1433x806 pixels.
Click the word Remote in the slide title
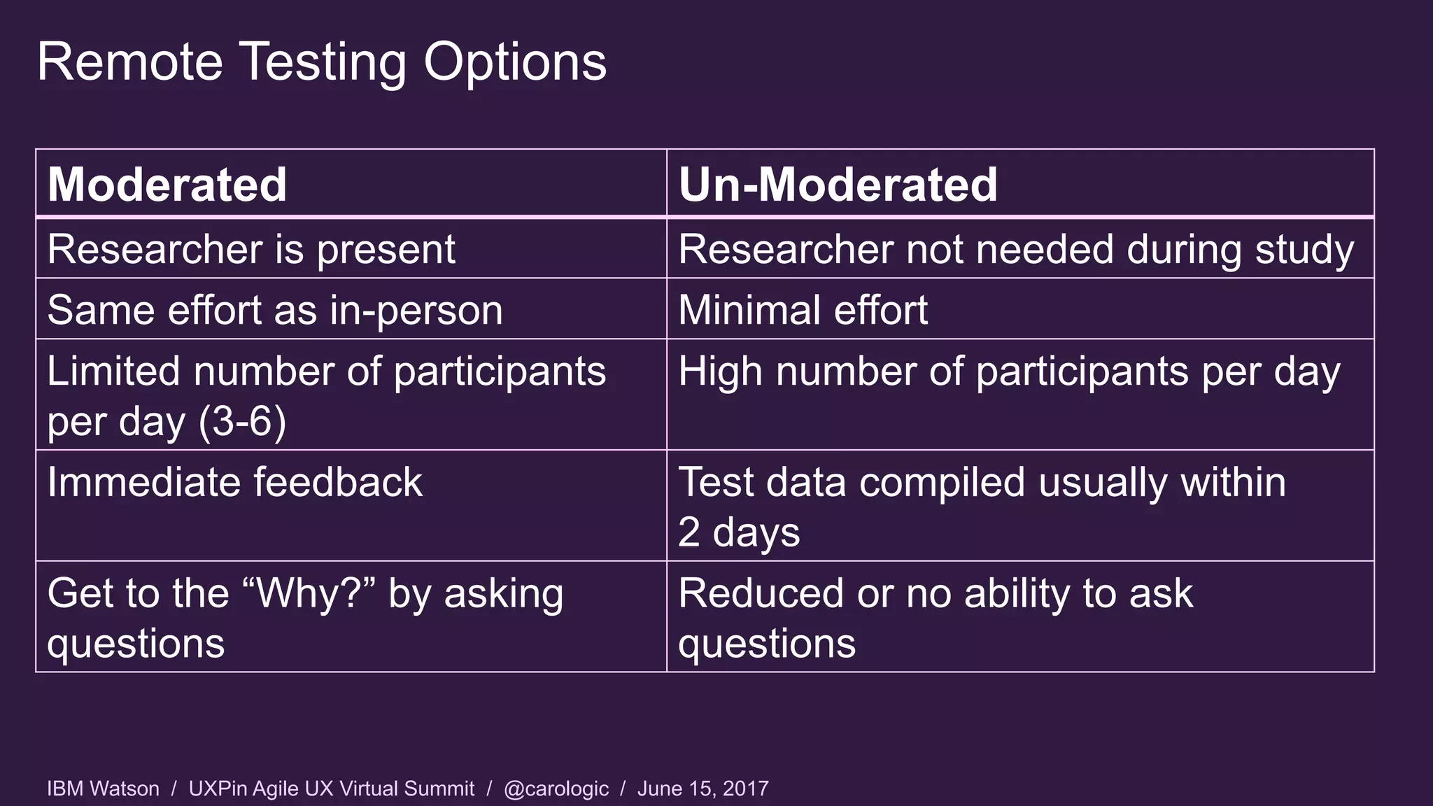click(x=129, y=62)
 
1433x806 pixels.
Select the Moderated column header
click(x=167, y=185)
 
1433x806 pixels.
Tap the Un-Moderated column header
click(x=838, y=185)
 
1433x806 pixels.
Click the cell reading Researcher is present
click(x=251, y=249)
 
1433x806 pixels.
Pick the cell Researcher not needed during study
click(x=1015, y=249)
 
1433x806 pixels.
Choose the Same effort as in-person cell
click(x=275, y=310)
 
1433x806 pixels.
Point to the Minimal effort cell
click(x=803, y=310)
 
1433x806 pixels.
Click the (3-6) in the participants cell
click(x=242, y=421)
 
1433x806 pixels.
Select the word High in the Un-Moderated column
click(x=719, y=372)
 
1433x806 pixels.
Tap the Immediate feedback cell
click(x=235, y=482)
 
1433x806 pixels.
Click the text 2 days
click(x=739, y=532)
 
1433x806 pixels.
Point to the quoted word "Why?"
click(x=309, y=593)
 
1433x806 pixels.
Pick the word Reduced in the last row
click(x=761, y=593)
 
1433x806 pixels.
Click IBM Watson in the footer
click(x=103, y=789)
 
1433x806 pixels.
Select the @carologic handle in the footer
click(x=556, y=789)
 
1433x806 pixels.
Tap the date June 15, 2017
click(x=703, y=789)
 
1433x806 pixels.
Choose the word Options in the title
click(x=514, y=62)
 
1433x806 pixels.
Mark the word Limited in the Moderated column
click(x=113, y=372)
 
